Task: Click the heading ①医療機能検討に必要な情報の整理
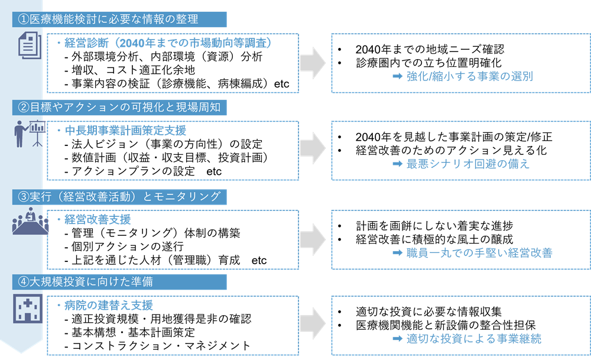click(108, 20)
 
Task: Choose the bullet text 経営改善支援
click(98, 219)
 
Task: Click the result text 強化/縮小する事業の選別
click(470, 76)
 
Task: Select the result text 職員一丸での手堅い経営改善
click(479, 252)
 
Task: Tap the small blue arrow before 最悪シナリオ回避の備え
click(398, 164)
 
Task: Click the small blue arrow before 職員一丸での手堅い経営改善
click(398, 252)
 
